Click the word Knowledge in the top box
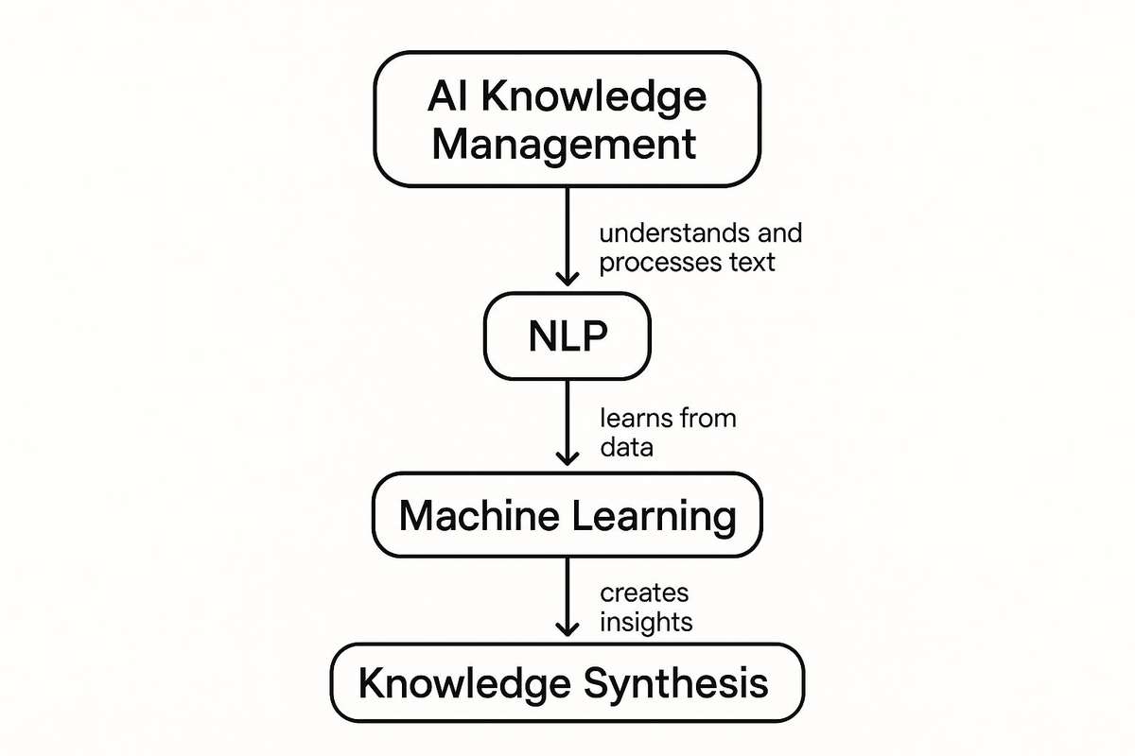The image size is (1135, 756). click(x=601, y=97)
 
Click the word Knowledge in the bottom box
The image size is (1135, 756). click(x=463, y=683)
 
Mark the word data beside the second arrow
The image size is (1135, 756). click(x=626, y=446)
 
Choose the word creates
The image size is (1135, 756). click(x=644, y=593)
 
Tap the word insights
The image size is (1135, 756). click(x=646, y=622)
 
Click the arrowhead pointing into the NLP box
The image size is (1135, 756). click(x=567, y=278)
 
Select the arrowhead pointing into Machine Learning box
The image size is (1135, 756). click(x=567, y=456)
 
